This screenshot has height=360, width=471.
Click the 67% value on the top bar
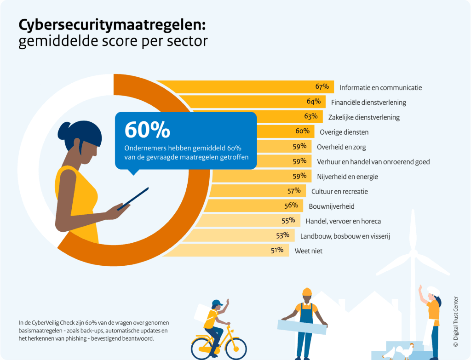tap(322, 86)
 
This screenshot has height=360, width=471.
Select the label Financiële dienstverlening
tap(368, 102)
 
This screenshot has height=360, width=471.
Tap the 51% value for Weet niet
tap(276, 250)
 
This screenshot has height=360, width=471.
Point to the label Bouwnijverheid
tap(331, 206)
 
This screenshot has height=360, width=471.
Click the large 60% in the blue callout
tap(147, 131)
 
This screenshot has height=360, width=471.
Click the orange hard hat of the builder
tap(307, 292)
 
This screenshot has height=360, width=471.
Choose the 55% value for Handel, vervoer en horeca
tap(288, 221)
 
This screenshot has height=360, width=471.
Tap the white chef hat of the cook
tap(433, 291)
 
